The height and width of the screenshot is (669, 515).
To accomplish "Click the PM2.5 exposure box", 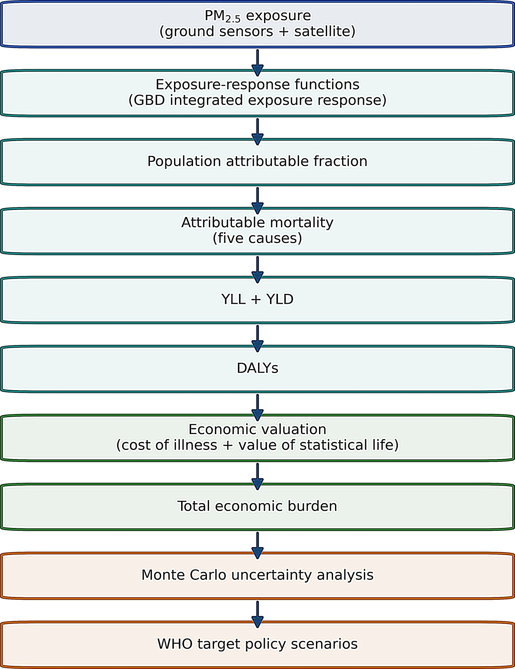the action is (x=257, y=24).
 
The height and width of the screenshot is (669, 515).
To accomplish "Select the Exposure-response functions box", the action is (x=257, y=93).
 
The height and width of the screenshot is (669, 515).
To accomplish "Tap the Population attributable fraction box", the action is (x=257, y=162).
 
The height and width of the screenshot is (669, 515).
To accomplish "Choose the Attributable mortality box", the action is (x=257, y=231).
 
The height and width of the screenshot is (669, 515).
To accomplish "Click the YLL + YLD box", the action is (x=257, y=300).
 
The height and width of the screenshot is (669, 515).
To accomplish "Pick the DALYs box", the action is (x=257, y=369).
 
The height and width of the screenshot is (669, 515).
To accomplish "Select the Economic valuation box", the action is (x=257, y=438).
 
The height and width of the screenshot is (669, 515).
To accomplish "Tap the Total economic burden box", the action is (x=257, y=507).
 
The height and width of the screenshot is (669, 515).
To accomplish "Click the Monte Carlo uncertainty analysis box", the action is (x=257, y=576).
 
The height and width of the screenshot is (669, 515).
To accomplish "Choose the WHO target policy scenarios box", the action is (x=257, y=644).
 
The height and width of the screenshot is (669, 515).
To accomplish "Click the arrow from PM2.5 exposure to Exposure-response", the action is (x=257, y=63).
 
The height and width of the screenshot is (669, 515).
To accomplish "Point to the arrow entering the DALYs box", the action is (x=257, y=339).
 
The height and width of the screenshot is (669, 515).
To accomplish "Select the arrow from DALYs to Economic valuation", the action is (x=257, y=408).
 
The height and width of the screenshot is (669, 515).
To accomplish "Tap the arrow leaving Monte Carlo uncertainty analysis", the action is (x=257, y=614).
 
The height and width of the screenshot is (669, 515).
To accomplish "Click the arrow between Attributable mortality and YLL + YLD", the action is (x=257, y=270).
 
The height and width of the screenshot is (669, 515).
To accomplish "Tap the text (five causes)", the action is (x=257, y=238).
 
